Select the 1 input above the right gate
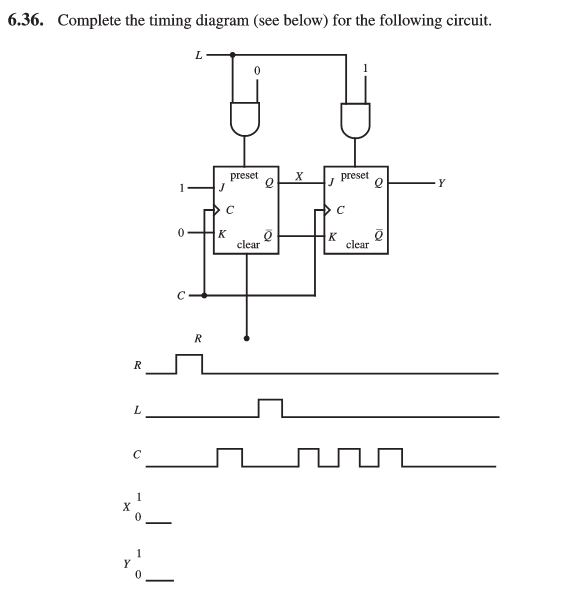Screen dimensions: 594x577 pyautogui.click(x=368, y=70)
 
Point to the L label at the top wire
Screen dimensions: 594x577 pyautogui.click(x=198, y=54)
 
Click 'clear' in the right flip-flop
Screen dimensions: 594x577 pyautogui.click(x=357, y=243)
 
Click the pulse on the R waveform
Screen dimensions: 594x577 pyautogui.click(x=189, y=363)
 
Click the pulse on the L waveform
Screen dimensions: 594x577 pyautogui.click(x=270, y=408)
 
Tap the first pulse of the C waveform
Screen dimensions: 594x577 pyautogui.click(x=230, y=457)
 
